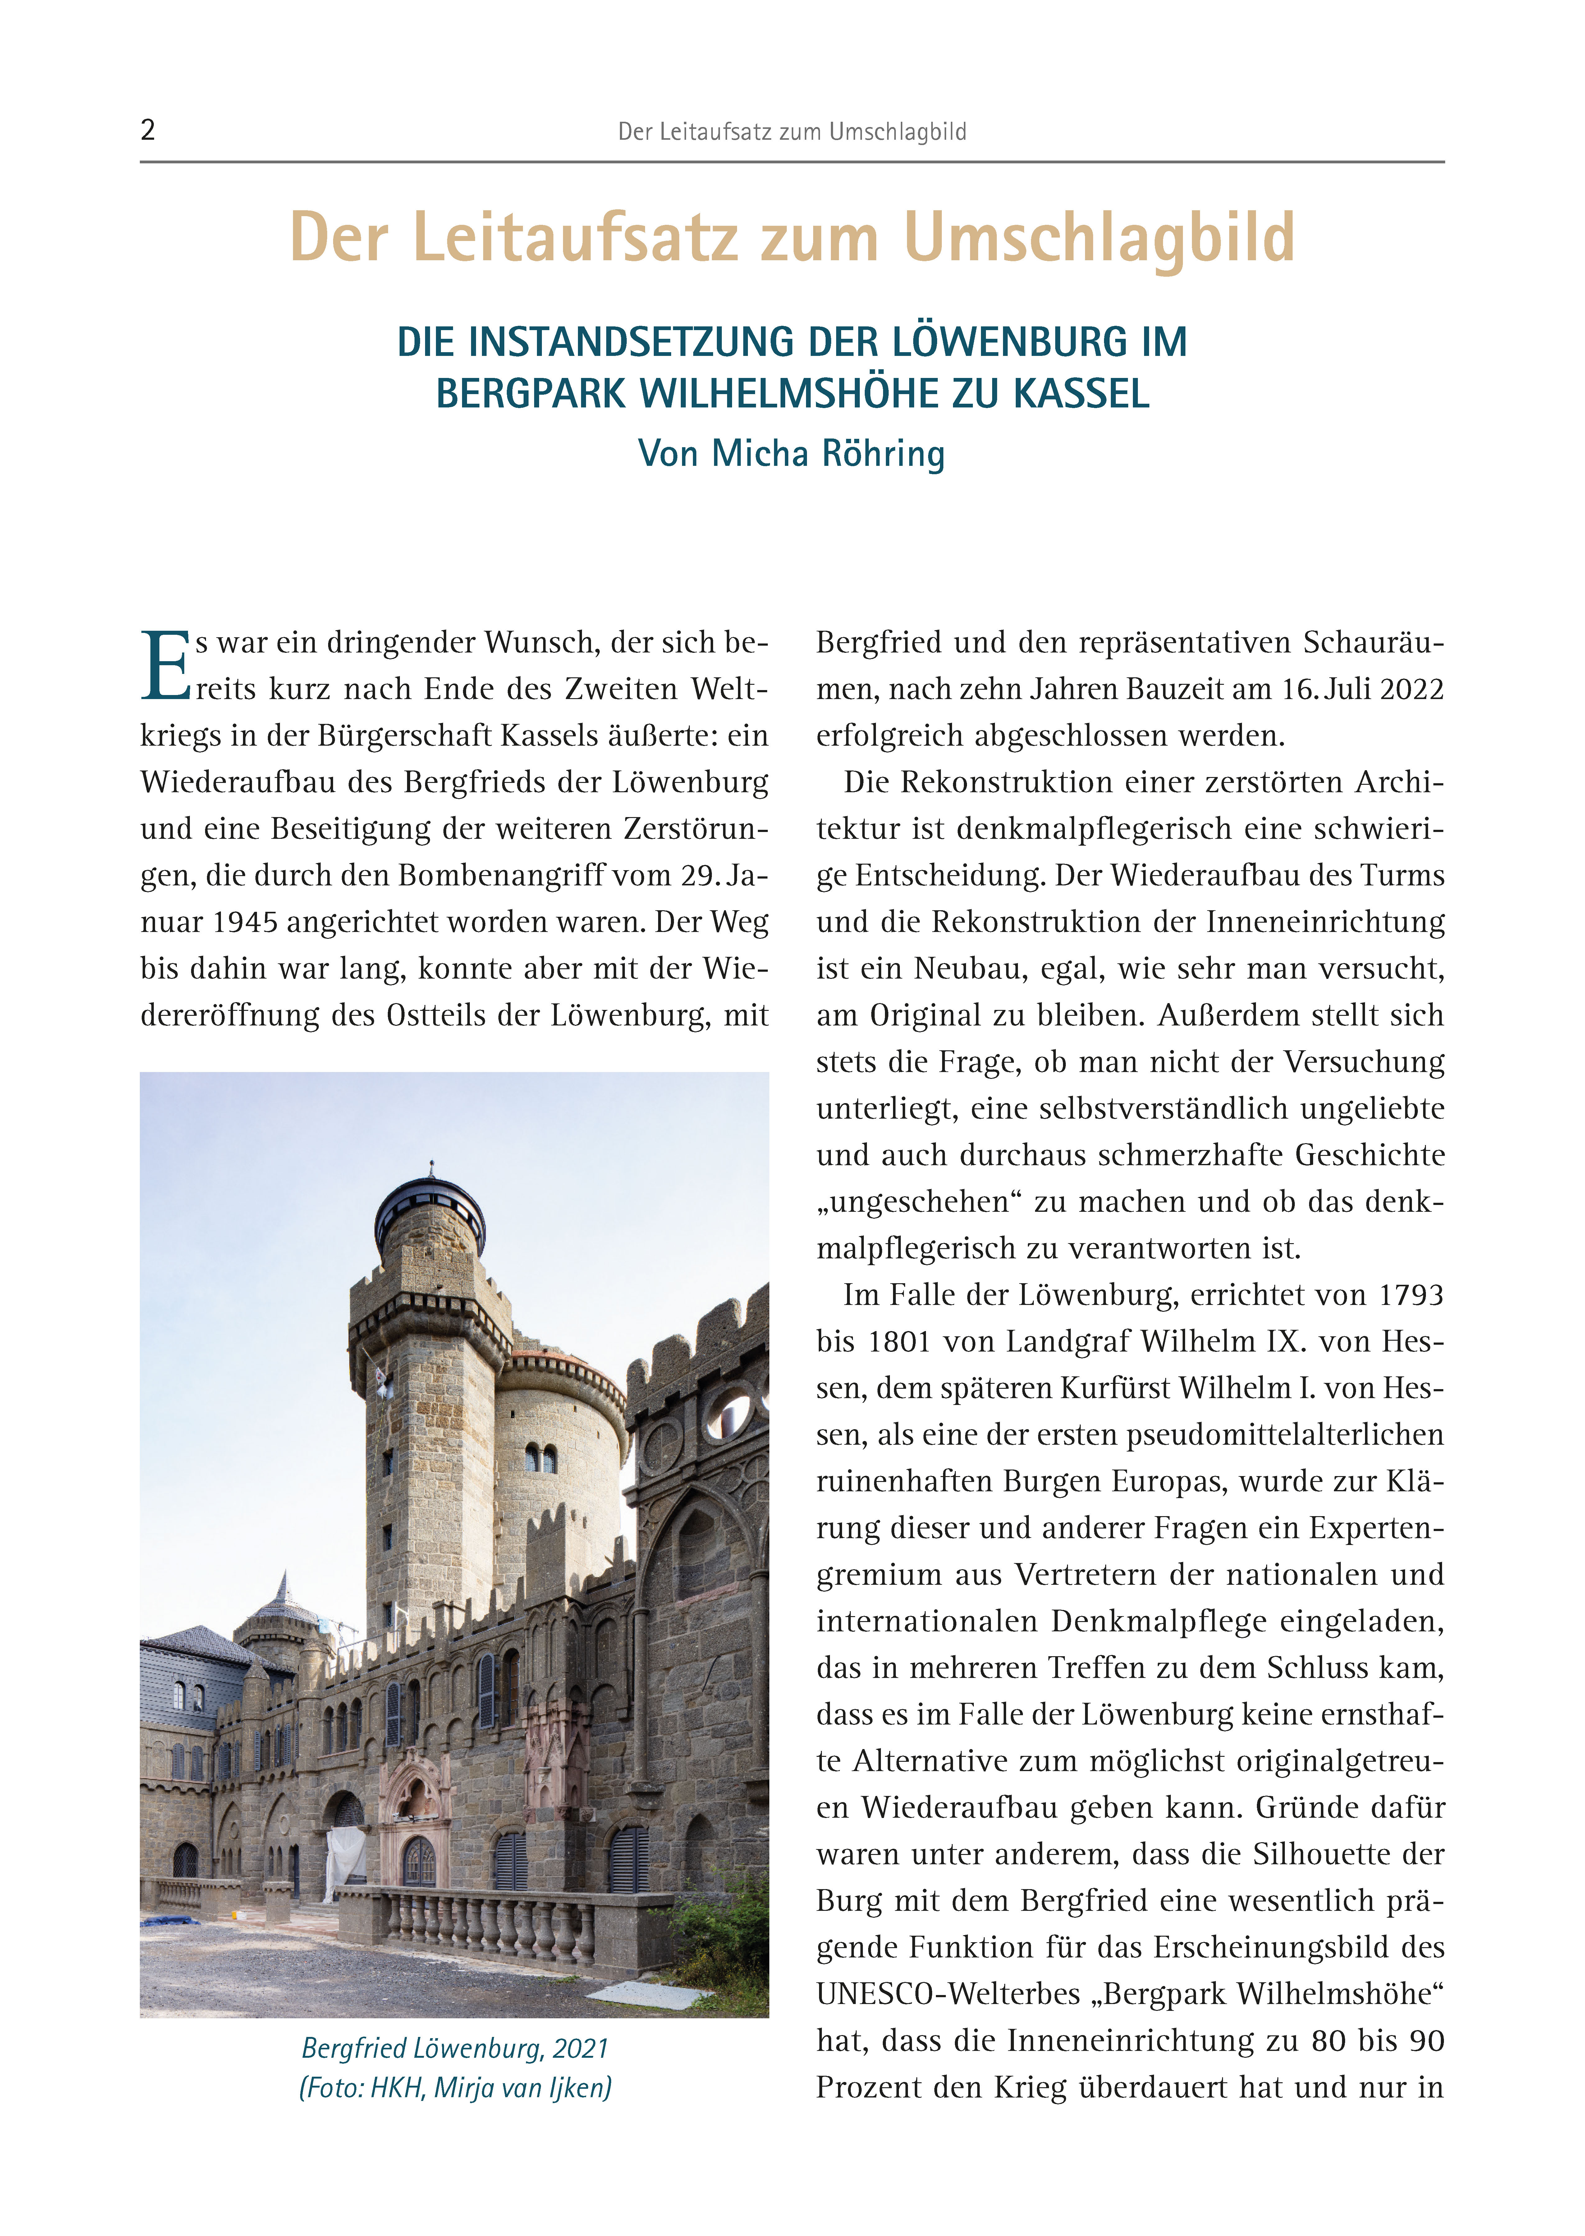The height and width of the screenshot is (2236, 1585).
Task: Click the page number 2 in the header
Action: click(x=147, y=130)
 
